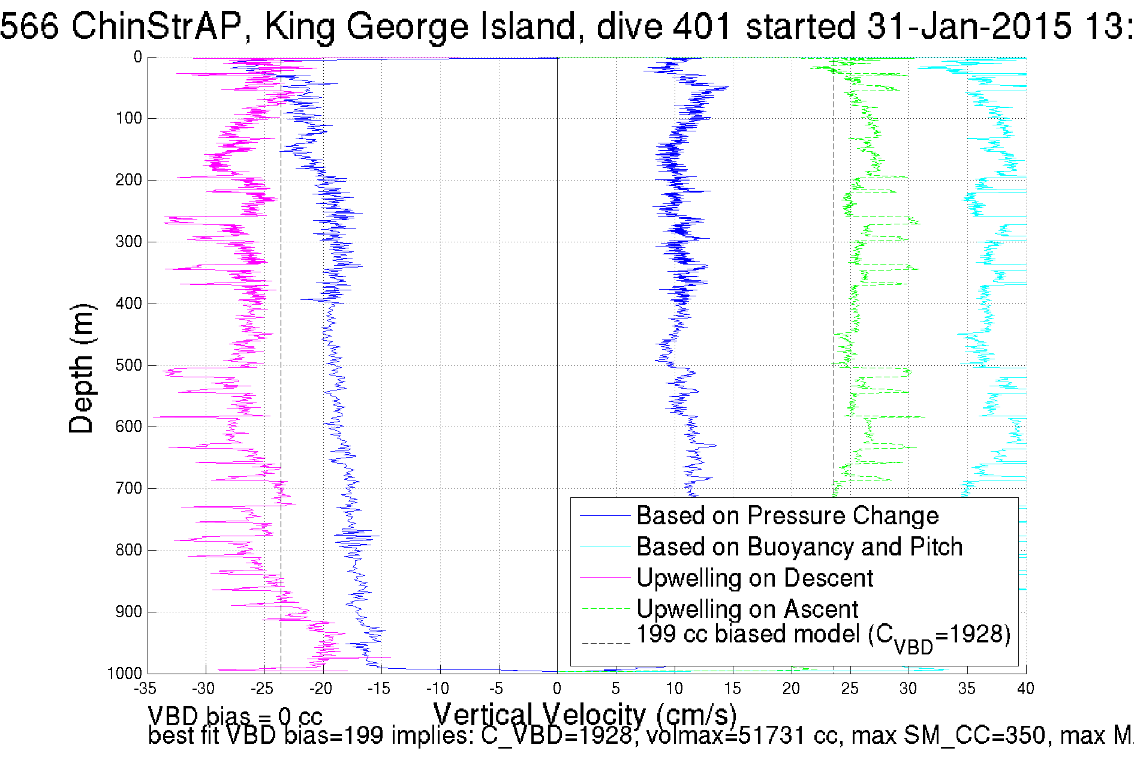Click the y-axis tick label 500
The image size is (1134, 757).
click(x=128, y=365)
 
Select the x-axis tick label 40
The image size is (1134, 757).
click(x=1025, y=689)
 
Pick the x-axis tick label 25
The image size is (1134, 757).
click(x=850, y=689)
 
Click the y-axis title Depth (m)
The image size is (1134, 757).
click(x=82, y=368)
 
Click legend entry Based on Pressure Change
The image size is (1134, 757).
click(x=787, y=516)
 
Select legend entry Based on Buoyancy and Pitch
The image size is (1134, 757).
click(x=799, y=547)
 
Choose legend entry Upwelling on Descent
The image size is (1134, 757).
click(x=754, y=578)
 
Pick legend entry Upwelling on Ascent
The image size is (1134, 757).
click(x=747, y=609)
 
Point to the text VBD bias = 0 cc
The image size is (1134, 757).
click(x=235, y=716)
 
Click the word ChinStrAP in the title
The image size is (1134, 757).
click(x=156, y=26)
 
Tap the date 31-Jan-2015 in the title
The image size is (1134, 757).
click(x=968, y=26)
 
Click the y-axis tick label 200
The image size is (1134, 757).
click(x=128, y=180)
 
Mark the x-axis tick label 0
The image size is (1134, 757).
click(x=557, y=689)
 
